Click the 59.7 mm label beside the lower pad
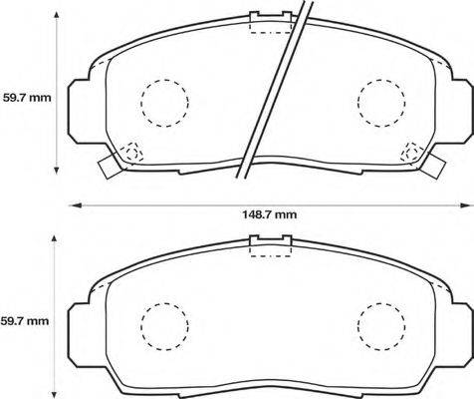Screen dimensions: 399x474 click(x=25, y=321)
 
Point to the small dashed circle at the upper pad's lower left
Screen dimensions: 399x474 click(x=131, y=153)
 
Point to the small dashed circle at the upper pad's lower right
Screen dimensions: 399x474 click(x=411, y=153)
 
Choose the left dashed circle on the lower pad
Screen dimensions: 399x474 click(x=163, y=325)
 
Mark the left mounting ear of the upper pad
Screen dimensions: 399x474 click(x=80, y=112)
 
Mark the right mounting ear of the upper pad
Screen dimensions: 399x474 click(x=461, y=112)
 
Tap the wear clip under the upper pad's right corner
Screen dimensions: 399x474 click(x=436, y=167)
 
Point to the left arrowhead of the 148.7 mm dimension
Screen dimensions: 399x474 click(x=73, y=204)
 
